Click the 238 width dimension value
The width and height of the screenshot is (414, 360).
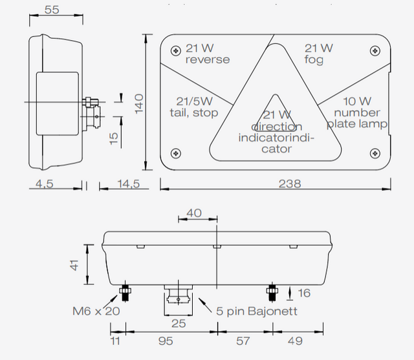tap(290, 184)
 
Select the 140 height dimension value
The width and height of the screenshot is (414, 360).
tap(140, 104)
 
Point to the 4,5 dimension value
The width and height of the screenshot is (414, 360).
tap(45, 184)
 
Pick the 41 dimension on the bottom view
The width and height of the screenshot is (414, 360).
tap(76, 266)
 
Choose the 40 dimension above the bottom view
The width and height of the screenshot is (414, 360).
tap(193, 213)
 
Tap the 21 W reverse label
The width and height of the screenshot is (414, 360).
tap(207, 54)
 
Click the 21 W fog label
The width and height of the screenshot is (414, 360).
tap(318, 54)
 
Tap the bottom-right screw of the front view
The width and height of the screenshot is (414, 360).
tap(374, 153)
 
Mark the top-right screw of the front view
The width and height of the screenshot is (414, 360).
tap(374, 50)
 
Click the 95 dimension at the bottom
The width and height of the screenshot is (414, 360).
tap(166, 341)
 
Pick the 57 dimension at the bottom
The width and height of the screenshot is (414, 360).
tap(243, 341)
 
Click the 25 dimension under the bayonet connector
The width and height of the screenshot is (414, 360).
tap(178, 323)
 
